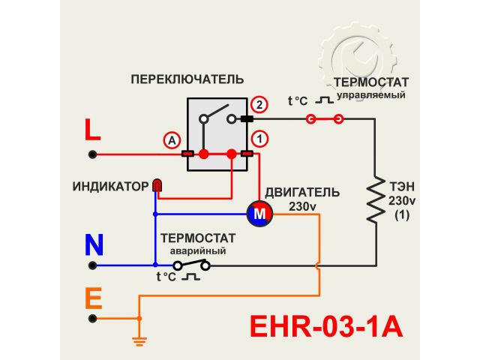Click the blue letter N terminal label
coord(94,244)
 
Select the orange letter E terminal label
coord(93,299)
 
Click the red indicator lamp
coord(157,184)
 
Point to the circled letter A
coord(172,140)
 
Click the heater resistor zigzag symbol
coord(374,199)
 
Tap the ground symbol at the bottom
coord(138,340)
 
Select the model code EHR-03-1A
coord(325,327)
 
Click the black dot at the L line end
coord(93,154)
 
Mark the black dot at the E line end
coord(93,318)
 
